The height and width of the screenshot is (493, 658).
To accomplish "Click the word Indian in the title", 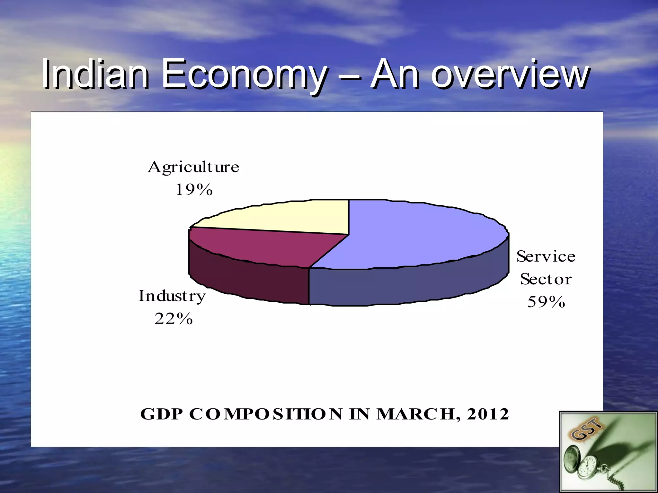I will coord(95,74).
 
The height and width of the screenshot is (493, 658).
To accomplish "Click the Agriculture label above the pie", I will coord(193,167).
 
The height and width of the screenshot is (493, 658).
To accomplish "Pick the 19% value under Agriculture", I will coord(194,190).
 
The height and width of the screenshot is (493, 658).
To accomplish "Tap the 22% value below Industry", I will coord(173,319).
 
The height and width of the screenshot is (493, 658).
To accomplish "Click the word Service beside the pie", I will coord(546,256).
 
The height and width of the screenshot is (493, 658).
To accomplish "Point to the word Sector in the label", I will coord(546,279).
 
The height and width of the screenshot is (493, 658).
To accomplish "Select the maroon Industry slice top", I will coord(263,247).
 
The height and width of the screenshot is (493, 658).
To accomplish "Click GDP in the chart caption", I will coord(162,414).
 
